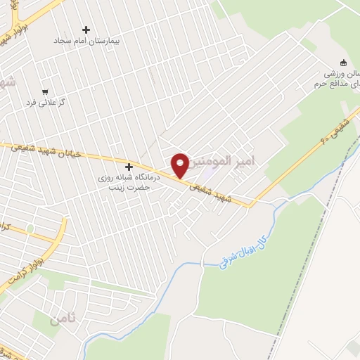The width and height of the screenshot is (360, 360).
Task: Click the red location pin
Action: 179,165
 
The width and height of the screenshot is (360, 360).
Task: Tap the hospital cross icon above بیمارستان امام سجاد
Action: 86,30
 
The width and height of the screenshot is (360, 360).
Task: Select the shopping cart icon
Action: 46,91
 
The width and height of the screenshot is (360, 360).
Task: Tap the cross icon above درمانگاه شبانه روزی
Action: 129,167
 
